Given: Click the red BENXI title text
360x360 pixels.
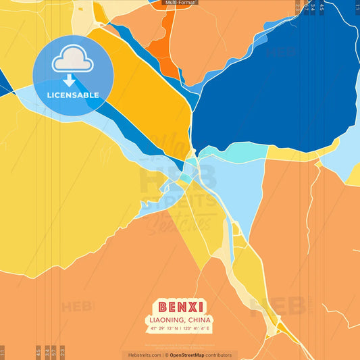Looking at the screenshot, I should (180, 307).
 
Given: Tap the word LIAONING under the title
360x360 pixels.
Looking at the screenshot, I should (166, 319).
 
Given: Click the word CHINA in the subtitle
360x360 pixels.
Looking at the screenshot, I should (199, 319).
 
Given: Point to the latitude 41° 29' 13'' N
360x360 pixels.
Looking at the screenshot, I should (163, 328).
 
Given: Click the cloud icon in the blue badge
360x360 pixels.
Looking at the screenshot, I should (73, 61).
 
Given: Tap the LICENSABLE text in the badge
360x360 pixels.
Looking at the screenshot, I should (73, 95).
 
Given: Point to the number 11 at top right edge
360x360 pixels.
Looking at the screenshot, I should (357, 7).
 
